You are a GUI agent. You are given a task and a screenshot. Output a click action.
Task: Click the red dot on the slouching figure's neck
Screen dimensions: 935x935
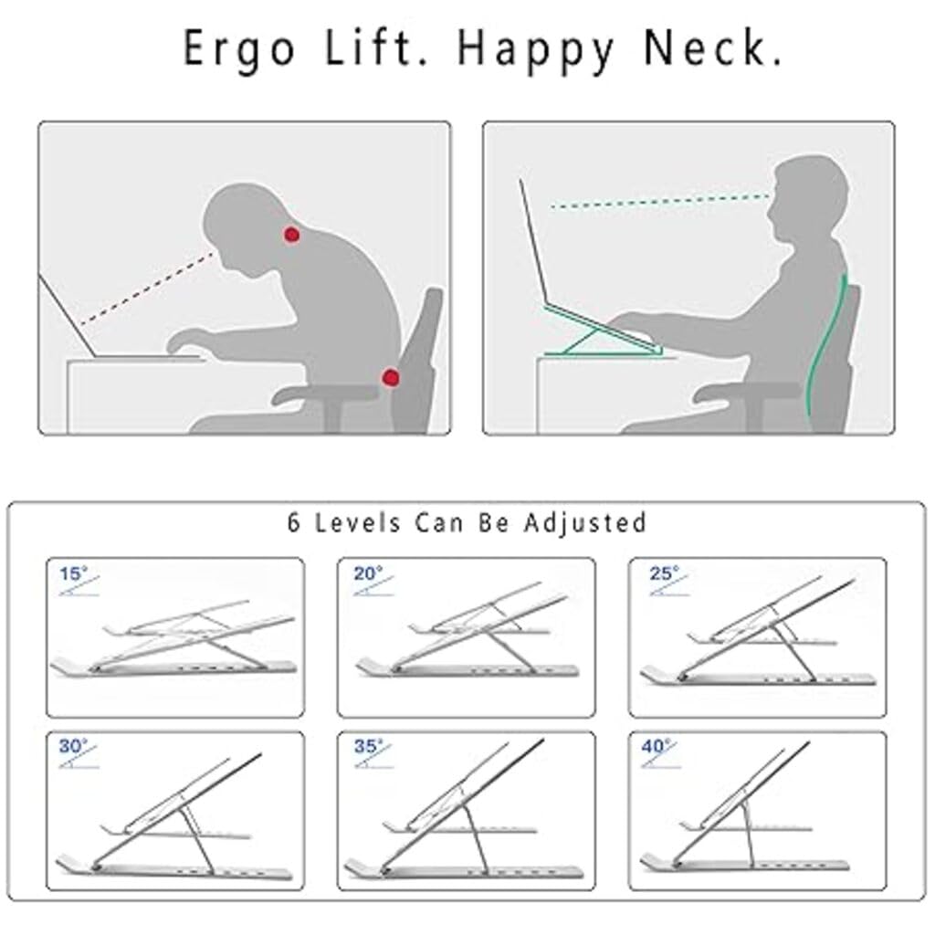pyautogui.click(x=291, y=235)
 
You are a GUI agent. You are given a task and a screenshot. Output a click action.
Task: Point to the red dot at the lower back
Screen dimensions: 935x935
pyautogui.click(x=391, y=377)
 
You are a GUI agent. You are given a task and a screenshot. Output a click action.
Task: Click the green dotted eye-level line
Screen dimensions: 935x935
pyautogui.click(x=661, y=201)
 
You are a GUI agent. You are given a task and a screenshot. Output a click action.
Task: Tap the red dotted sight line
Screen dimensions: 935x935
pyautogui.click(x=147, y=289)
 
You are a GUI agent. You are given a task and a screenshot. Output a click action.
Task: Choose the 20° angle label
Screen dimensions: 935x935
pyautogui.click(x=368, y=573)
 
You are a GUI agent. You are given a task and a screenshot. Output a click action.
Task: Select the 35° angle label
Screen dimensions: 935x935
pyautogui.click(x=369, y=746)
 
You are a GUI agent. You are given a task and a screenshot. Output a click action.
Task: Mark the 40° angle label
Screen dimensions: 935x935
pyautogui.click(x=657, y=746)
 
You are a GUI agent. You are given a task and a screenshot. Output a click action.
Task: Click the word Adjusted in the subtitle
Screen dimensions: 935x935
pyautogui.click(x=585, y=523)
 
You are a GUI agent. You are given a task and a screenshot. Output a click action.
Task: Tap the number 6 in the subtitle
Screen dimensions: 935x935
pyautogui.click(x=293, y=523)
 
